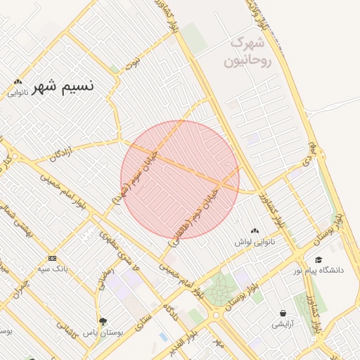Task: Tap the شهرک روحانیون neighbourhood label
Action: tap(247, 52)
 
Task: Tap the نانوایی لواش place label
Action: tap(255, 242)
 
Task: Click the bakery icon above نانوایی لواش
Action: tap(255, 231)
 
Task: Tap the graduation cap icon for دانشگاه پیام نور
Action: tap(319, 259)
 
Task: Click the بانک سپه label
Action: tap(52, 269)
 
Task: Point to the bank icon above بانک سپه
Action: tap(52, 258)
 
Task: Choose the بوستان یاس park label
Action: tap(103, 332)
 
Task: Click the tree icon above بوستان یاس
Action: tap(103, 321)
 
